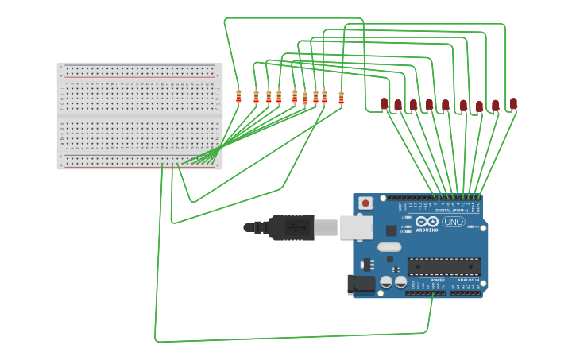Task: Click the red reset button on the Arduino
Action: pyautogui.click(x=365, y=203)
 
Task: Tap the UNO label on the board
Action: pyautogui.click(x=454, y=222)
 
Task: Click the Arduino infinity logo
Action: pyautogui.click(x=427, y=222)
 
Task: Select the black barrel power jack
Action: pyautogui.click(x=361, y=284)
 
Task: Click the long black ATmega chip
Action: pyautogui.click(x=444, y=266)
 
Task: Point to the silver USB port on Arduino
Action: pyautogui.click(x=356, y=227)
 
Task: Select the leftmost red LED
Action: pyautogui.click(x=384, y=103)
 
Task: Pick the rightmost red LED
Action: pyautogui.click(x=513, y=103)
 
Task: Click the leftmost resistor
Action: pyautogui.click(x=238, y=96)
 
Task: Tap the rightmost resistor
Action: pyautogui.click(x=341, y=97)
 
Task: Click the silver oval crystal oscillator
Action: pyautogui.click(x=389, y=247)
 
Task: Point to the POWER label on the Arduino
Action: pyautogui.click(x=437, y=280)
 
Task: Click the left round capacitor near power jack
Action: pyautogui.click(x=386, y=281)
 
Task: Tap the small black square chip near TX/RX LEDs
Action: pyautogui.click(x=391, y=230)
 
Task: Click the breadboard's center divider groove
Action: pyautogui.click(x=140, y=117)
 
